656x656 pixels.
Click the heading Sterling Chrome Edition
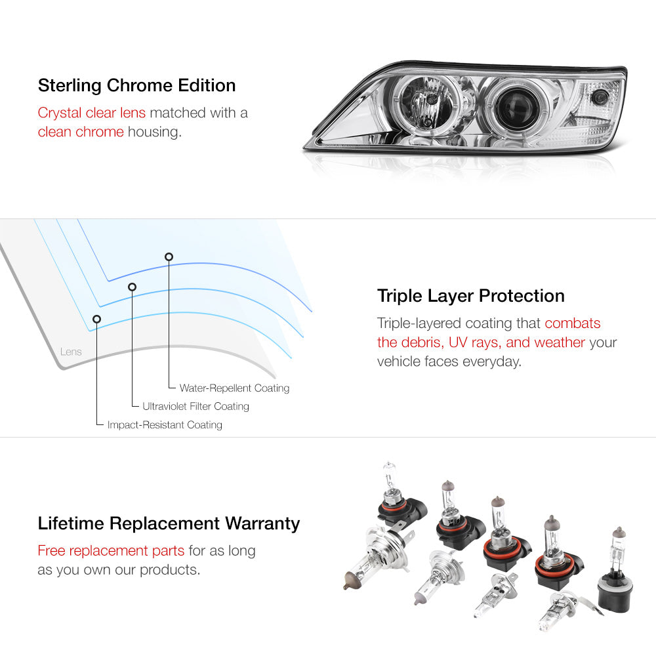137,85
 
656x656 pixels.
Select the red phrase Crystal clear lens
92,113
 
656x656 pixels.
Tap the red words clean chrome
81,132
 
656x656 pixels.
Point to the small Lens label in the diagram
71,352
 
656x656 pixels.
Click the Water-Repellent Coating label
234,388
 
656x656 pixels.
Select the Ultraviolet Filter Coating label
195,406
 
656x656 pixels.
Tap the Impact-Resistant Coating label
165,424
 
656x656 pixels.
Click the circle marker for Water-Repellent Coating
169,256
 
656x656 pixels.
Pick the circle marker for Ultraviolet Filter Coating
133,287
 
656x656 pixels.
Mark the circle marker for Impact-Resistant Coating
96,319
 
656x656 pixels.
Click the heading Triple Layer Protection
470,296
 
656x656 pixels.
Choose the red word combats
572,323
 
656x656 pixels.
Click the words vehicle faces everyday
449,361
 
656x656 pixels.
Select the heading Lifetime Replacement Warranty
169,523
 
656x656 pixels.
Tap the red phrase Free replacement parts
111,550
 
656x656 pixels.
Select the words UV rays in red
475,342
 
